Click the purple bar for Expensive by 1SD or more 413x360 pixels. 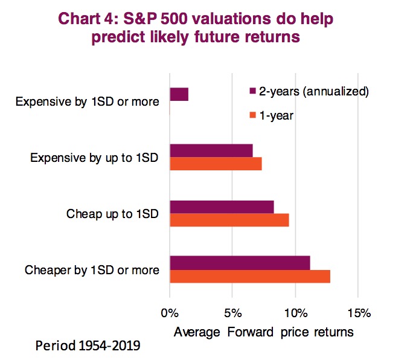(x=179, y=94)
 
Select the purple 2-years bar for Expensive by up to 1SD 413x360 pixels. (x=211, y=150)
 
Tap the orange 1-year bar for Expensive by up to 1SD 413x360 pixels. (x=216, y=164)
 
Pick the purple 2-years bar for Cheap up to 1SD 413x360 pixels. (x=222, y=207)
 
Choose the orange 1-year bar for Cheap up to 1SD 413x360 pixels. (x=229, y=220)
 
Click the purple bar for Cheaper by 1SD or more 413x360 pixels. (x=240, y=263)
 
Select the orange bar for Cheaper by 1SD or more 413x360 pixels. (x=250, y=276)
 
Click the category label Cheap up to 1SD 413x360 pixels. (x=112, y=214)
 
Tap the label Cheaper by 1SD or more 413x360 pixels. (x=92, y=270)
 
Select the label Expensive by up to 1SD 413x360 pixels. (x=94, y=158)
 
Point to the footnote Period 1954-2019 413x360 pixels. (x=88, y=347)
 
